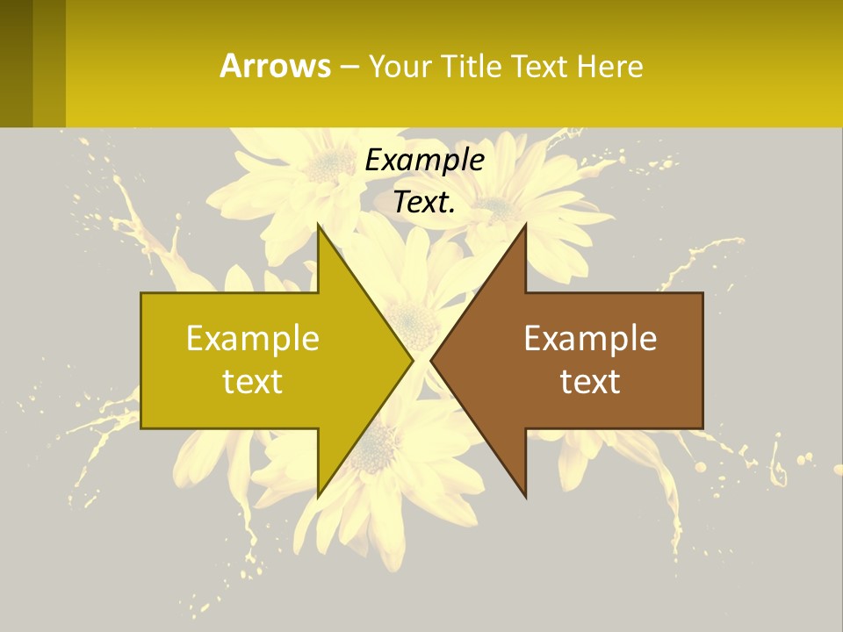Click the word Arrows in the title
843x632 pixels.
pos(274,66)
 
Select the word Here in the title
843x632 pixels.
pos(610,66)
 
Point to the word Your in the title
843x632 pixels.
pos(399,66)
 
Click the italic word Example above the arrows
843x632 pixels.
pos(424,160)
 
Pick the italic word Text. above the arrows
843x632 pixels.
pos(424,202)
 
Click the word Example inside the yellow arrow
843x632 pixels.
pos(253,338)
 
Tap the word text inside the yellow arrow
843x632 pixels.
pos(253,382)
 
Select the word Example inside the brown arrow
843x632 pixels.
pos(590,338)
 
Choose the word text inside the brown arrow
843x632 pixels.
pos(590,382)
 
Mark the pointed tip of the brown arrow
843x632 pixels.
pos(431,361)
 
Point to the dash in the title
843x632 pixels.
pos(349,67)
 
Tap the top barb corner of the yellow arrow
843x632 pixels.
pos(318,225)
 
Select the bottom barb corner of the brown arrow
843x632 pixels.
pos(525,498)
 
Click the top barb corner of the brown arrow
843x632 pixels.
pos(525,225)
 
